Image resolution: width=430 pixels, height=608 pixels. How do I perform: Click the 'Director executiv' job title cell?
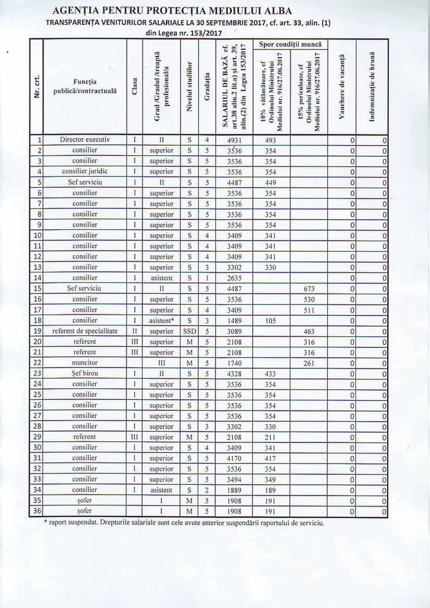pyautogui.click(x=85, y=140)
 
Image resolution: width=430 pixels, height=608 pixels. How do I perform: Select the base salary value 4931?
pyautogui.click(x=234, y=140)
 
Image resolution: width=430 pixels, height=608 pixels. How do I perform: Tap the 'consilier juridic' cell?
pyautogui.click(x=85, y=171)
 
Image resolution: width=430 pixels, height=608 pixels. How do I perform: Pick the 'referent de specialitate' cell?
pyautogui.click(x=85, y=331)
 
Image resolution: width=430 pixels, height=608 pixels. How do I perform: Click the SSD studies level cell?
pyautogui.click(x=189, y=331)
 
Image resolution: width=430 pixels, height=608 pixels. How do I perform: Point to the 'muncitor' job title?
pyautogui.click(x=85, y=363)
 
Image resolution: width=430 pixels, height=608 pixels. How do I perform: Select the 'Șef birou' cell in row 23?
pyautogui.click(x=85, y=373)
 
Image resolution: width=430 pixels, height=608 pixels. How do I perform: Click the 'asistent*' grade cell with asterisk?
pyautogui.click(x=161, y=320)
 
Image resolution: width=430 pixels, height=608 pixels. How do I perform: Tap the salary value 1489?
pyautogui.click(x=234, y=321)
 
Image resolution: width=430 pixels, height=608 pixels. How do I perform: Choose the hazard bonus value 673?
pyautogui.click(x=309, y=289)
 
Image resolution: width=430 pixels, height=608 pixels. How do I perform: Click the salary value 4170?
pyautogui.click(x=234, y=458)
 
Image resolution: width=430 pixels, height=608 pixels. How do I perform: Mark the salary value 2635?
pyautogui.click(x=234, y=278)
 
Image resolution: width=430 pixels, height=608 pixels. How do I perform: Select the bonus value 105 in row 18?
pyautogui.click(x=271, y=321)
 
